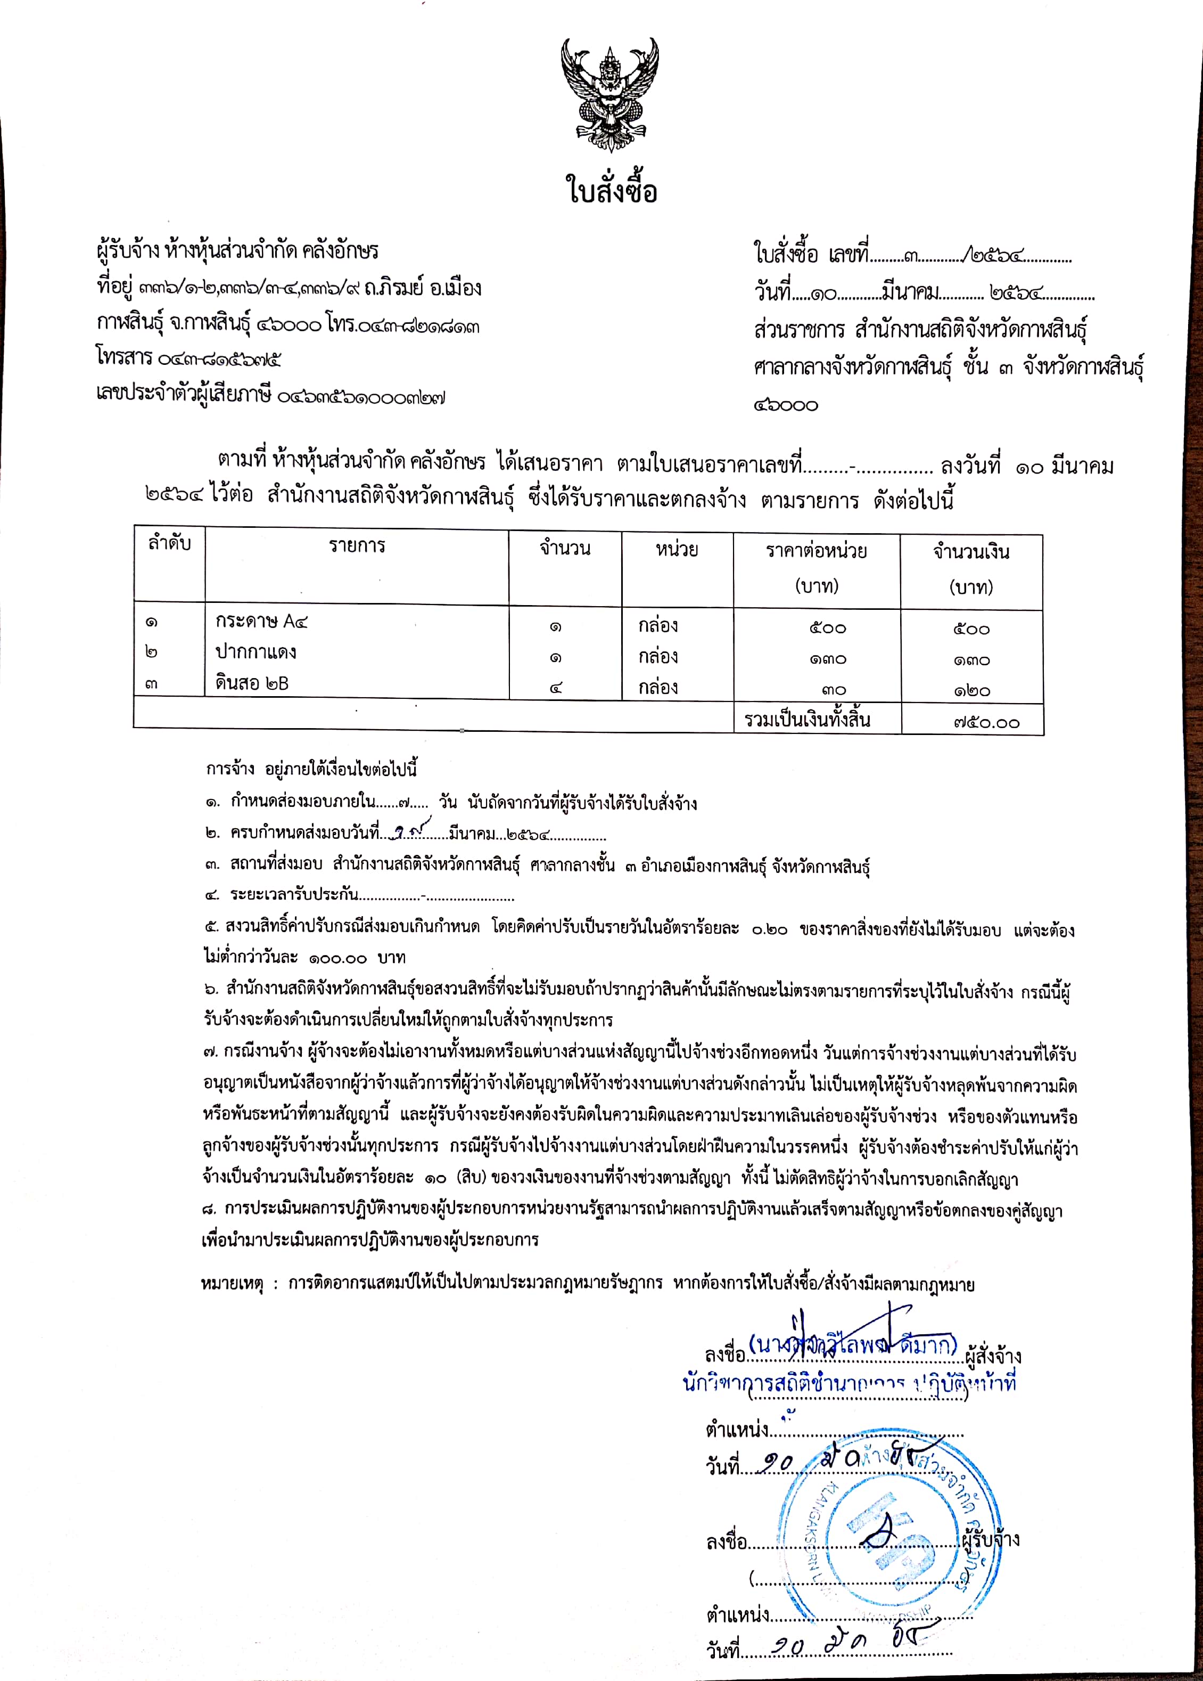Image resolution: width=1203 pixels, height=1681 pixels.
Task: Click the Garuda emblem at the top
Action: click(609, 95)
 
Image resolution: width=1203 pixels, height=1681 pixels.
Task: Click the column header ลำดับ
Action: click(170, 543)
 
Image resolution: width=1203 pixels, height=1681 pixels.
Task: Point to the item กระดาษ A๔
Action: click(261, 621)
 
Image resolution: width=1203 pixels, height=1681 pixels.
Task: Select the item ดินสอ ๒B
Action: click(252, 683)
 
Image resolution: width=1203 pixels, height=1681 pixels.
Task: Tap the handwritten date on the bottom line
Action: click(844, 1646)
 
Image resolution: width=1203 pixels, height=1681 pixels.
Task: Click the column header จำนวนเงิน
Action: click(970, 551)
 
